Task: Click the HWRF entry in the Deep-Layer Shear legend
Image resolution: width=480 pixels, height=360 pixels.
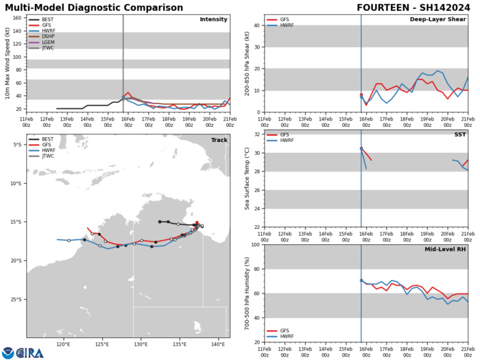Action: tap(289, 26)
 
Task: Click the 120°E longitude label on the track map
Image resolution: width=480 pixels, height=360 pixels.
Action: tap(64, 342)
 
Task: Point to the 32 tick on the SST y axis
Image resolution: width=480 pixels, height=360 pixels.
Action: tap(257, 154)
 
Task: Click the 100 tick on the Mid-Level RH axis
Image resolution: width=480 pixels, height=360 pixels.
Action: tap(256, 245)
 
